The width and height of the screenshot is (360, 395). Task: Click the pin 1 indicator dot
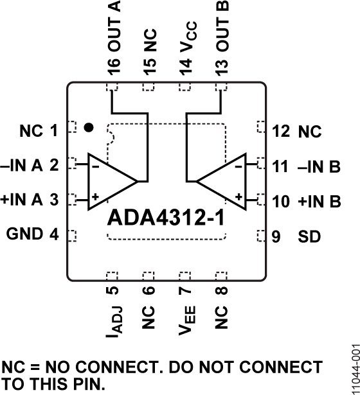(89, 128)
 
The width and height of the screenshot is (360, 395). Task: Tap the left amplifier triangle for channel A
(111, 181)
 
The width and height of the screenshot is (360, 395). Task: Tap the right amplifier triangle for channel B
(224, 181)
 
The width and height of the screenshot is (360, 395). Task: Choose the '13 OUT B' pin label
(222, 37)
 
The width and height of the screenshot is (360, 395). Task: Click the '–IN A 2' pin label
(33, 166)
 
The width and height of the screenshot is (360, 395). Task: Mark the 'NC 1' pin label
(39, 132)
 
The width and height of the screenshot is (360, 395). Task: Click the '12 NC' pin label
(296, 133)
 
